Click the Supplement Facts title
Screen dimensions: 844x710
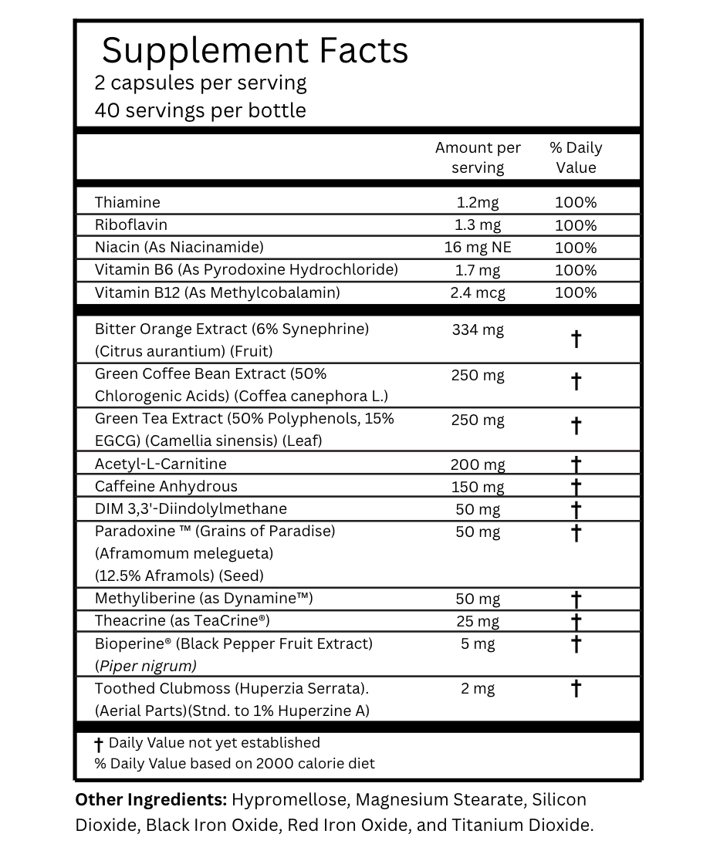[255, 51]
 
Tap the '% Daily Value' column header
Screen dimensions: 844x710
[576, 157]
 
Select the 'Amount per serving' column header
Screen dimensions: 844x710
[478, 157]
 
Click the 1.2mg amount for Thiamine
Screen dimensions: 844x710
[478, 203]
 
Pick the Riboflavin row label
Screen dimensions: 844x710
[131, 225]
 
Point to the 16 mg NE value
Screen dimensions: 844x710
[478, 248]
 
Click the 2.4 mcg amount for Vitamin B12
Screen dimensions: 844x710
[478, 292]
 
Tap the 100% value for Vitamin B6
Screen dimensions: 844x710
[576, 270]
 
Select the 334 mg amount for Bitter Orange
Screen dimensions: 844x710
[478, 330]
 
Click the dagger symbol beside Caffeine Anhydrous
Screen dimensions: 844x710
[576, 487]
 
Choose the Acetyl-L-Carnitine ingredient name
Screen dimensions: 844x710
[161, 464]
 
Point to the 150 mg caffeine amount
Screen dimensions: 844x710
[478, 487]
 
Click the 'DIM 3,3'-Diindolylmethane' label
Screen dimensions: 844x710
[191, 508]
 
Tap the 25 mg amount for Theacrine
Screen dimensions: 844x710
[478, 621]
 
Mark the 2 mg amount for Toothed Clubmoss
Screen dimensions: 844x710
[478, 689]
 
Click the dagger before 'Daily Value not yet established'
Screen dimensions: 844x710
[98, 744]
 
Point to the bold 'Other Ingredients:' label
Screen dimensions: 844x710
[150, 800]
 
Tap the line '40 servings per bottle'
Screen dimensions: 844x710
[200, 110]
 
